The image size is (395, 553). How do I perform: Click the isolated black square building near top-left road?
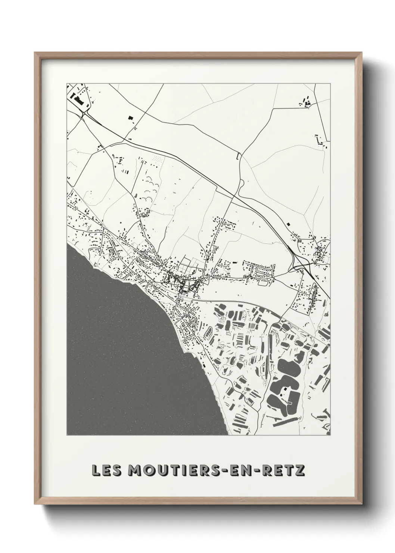click(131, 118)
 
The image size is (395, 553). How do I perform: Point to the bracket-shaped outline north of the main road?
click(237, 157)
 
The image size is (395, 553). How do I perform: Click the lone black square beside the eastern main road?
click(288, 224)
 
